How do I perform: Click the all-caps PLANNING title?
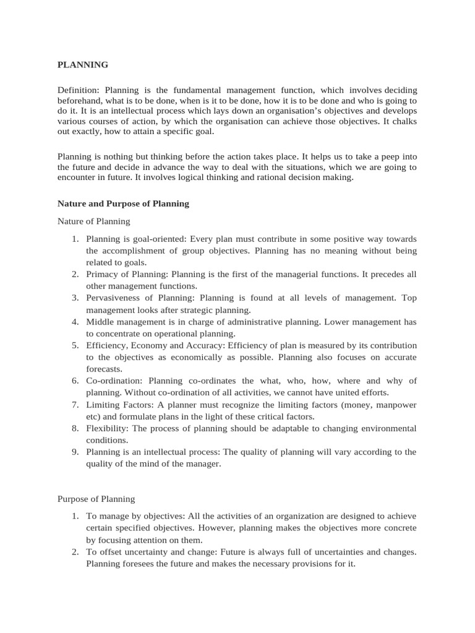click(82, 64)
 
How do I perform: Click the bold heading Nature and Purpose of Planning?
click(123, 203)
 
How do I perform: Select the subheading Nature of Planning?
click(93, 221)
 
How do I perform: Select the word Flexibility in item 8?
click(108, 428)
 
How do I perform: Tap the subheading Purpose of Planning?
click(96, 498)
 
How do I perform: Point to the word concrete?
click(397, 528)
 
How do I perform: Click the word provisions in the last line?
click(297, 564)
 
